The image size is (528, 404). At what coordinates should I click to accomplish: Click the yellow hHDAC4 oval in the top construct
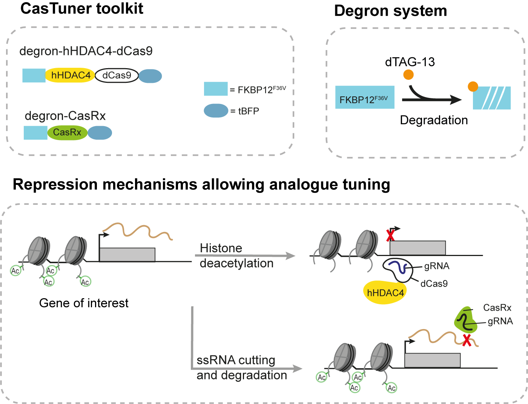pos(71,75)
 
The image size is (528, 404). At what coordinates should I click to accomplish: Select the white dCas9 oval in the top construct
pos(117,75)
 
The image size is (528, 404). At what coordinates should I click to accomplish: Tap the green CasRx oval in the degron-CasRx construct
pos(68,133)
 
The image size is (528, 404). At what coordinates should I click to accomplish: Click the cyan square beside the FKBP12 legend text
pos(216,89)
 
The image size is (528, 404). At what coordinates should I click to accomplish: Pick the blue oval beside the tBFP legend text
pos(216,111)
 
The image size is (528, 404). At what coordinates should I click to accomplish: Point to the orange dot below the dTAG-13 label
pos(408,75)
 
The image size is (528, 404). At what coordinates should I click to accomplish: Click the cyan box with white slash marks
pos(492,98)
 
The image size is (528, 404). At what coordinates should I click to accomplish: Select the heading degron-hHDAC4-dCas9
pos(86,51)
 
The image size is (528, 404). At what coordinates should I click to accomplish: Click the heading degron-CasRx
pos(65,116)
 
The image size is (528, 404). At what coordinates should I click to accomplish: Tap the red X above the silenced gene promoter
pos(390,235)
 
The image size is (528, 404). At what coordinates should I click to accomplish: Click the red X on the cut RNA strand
pos(467,340)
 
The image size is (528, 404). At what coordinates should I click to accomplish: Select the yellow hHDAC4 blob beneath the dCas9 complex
pos(385,293)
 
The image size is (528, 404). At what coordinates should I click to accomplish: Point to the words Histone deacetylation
pos(236,256)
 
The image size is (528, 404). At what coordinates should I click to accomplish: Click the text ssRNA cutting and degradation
pos(241,367)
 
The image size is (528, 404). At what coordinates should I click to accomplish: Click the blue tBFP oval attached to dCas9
pos(150,76)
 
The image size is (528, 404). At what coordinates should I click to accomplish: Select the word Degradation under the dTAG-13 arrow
pos(434,120)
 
